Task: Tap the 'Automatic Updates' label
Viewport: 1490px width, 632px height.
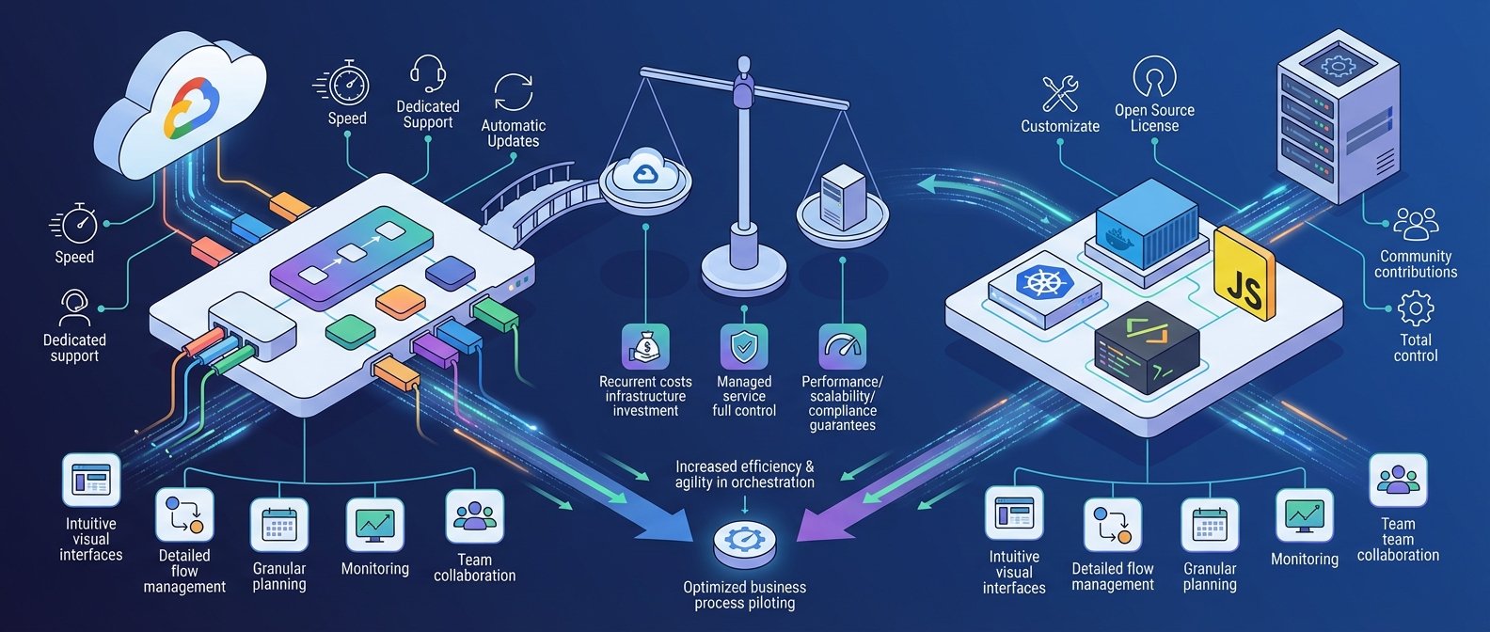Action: pyautogui.click(x=513, y=133)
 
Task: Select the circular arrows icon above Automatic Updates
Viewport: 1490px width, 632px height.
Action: pyautogui.click(x=513, y=92)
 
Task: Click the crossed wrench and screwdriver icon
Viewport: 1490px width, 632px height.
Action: pyautogui.click(x=1060, y=93)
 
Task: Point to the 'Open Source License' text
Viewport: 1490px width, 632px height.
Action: pyautogui.click(x=1154, y=118)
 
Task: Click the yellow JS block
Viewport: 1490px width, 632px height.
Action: pyautogui.click(x=1243, y=273)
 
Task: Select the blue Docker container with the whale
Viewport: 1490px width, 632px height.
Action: pyautogui.click(x=1147, y=224)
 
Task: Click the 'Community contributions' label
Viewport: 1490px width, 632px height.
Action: pyautogui.click(x=1416, y=264)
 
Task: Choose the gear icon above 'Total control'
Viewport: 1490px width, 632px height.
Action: pyautogui.click(x=1416, y=308)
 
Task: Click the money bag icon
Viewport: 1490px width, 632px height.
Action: pyautogui.click(x=645, y=347)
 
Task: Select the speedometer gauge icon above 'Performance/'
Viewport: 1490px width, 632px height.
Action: pyautogui.click(x=842, y=347)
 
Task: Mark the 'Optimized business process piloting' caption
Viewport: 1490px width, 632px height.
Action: pyautogui.click(x=744, y=595)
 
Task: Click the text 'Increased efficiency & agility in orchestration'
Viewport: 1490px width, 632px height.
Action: pyautogui.click(x=744, y=474)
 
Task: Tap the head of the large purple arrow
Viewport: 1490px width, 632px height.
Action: pyautogui.click(x=821, y=522)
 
